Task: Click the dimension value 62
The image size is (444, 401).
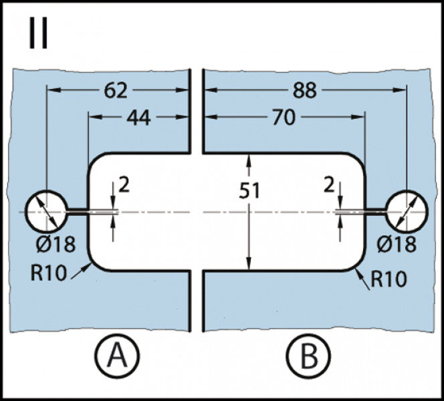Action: click(x=116, y=91)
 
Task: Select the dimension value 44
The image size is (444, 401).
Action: click(x=139, y=118)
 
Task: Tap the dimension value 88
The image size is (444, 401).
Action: click(x=305, y=91)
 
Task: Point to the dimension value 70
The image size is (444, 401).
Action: click(x=284, y=117)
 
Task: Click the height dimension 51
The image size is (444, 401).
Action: click(x=249, y=190)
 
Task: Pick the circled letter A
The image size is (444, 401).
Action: click(x=118, y=356)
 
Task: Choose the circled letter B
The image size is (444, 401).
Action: click(x=309, y=356)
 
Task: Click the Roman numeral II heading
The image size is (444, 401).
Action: click(x=39, y=33)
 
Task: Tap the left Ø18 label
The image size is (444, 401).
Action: click(x=56, y=244)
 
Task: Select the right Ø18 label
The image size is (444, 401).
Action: click(x=397, y=244)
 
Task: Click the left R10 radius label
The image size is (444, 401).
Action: click(x=48, y=273)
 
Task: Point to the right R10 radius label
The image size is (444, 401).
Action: click(x=388, y=279)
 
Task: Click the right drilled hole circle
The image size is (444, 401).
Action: click(x=427, y=211)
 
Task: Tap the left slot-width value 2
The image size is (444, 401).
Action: click(x=124, y=184)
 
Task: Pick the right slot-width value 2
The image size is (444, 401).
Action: click(x=329, y=186)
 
